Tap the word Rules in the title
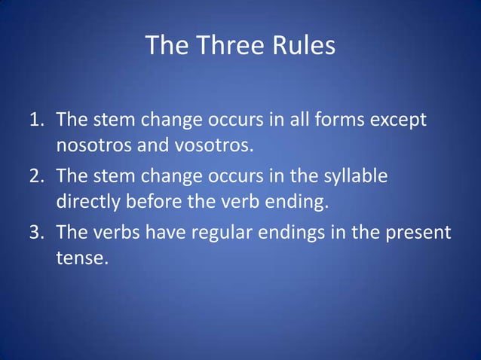click(x=299, y=46)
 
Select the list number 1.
click(x=35, y=120)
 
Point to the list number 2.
click(x=35, y=176)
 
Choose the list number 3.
click(x=35, y=233)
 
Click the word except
click(x=400, y=121)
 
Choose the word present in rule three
click(x=419, y=233)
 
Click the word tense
click(x=82, y=257)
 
